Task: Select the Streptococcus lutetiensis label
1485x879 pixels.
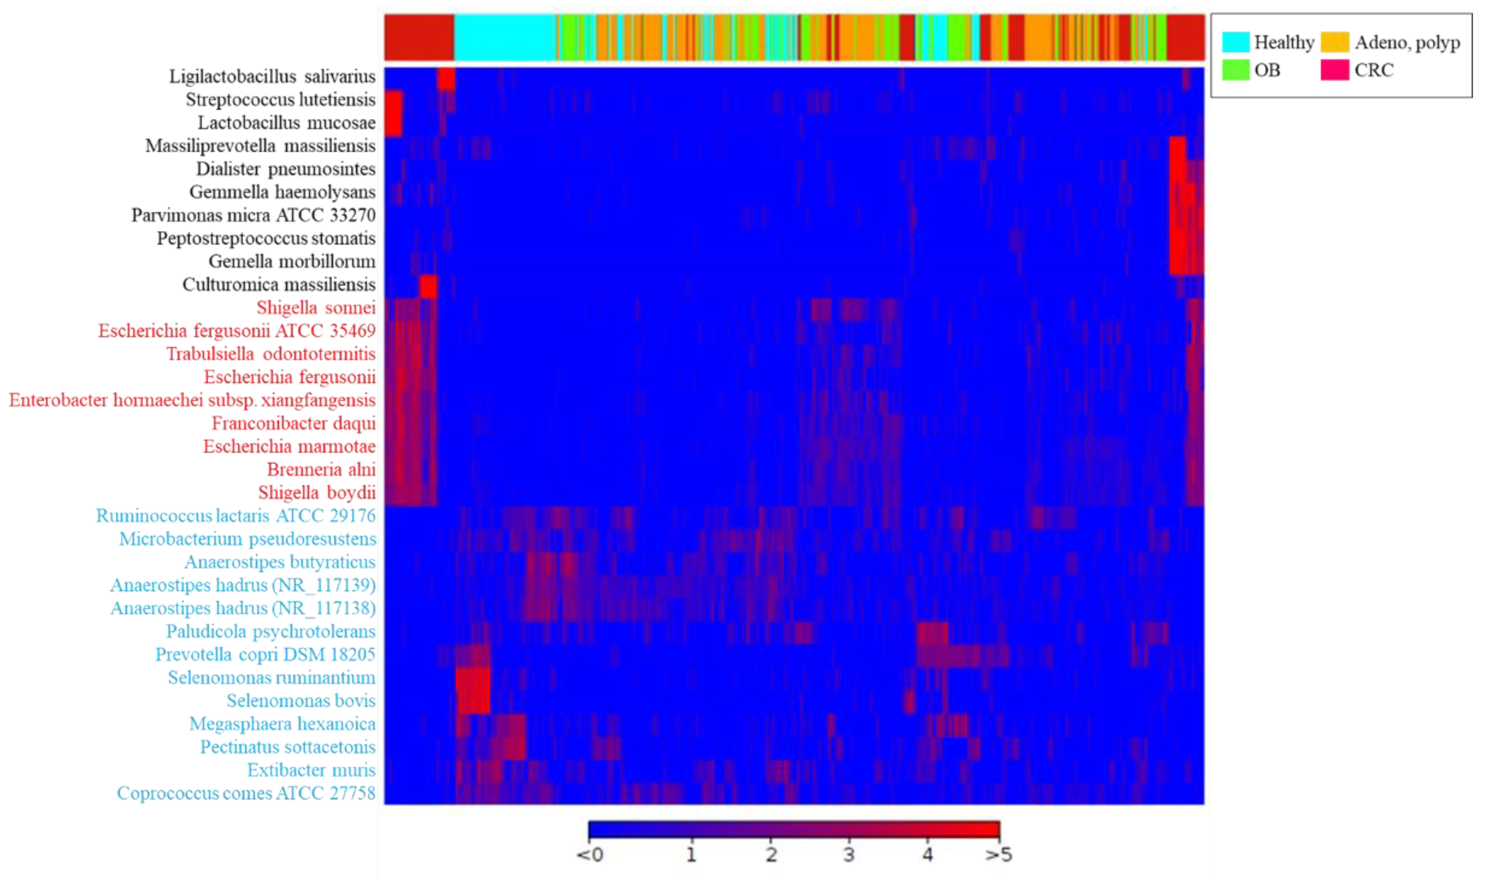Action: click(x=280, y=100)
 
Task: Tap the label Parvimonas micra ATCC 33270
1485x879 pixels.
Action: click(x=253, y=215)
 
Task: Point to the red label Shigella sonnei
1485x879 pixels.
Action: click(x=316, y=307)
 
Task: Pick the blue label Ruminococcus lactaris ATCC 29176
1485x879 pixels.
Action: click(x=236, y=515)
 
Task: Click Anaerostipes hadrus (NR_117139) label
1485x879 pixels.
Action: click(x=243, y=585)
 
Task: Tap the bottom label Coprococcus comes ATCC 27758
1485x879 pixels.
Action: click(x=246, y=793)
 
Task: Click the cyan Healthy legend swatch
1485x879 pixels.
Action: click(x=1235, y=42)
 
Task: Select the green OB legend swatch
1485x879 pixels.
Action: click(x=1235, y=70)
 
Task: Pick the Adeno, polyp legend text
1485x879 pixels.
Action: click(x=1407, y=42)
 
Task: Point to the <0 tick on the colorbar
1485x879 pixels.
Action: click(x=590, y=854)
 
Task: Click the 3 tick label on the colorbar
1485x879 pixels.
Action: click(x=849, y=854)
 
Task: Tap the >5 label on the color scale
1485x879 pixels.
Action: click(x=999, y=854)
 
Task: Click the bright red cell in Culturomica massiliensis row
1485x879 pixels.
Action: click(x=428, y=287)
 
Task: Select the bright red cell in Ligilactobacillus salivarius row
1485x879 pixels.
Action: click(x=446, y=79)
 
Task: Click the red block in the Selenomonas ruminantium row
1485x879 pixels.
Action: click(x=473, y=678)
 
